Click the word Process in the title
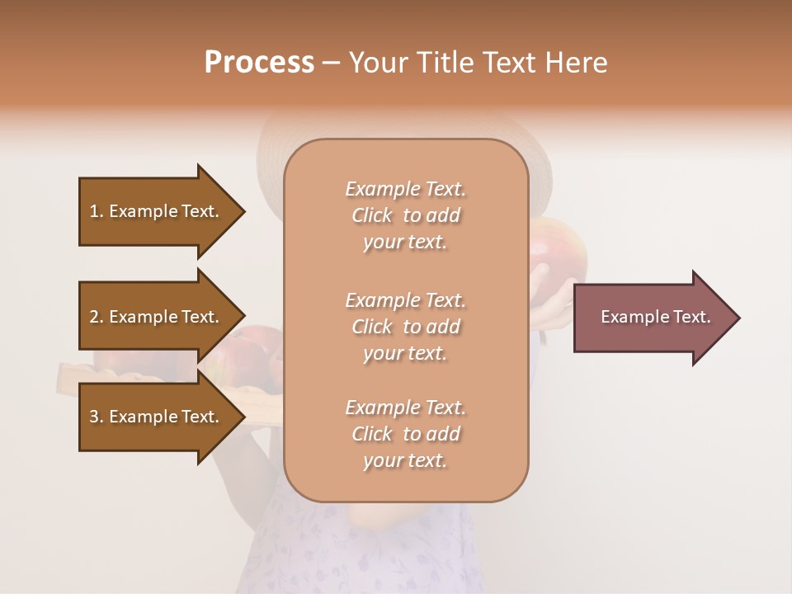point(259,63)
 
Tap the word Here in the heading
point(575,63)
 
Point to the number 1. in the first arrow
point(97,211)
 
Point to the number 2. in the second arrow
point(97,317)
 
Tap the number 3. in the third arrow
point(97,417)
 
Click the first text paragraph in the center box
point(405,215)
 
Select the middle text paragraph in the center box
point(405,327)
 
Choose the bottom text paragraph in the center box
point(405,434)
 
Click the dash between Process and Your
point(331,64)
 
